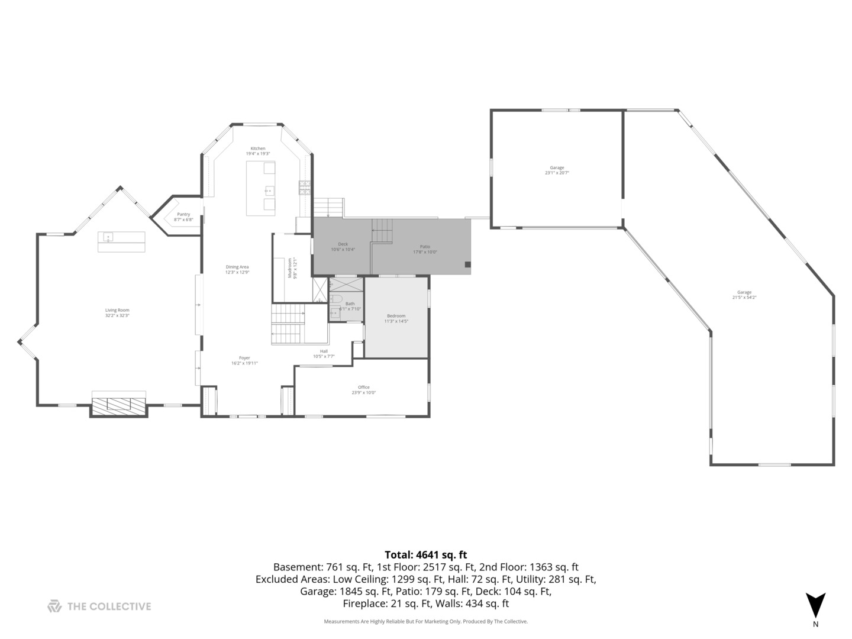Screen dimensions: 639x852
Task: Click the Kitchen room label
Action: click(x=258, y=151)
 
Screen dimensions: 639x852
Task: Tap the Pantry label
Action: click(x=183, y=217)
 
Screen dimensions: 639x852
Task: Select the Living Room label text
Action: click(x=117, y=312)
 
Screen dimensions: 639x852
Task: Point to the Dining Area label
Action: click(x=237, y=269)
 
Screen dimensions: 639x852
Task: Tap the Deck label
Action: click(x=343, y=246)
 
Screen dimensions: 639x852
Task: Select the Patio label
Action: click(x=425, y=249)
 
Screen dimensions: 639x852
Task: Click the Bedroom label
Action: click(x=396, y=318)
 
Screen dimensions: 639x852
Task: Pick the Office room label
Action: click(x=364, y=389)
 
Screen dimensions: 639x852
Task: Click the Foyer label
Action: click(x=244, y=360)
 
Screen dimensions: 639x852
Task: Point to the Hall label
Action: click(x=324, y=353)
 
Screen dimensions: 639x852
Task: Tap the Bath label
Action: click(x=350, y=306)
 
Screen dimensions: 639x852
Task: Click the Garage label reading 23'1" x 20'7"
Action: click(x=557, y=170)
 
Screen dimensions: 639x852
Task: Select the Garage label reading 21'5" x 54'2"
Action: click(x=744, y=294)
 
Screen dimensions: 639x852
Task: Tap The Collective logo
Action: click(x=99, y=606)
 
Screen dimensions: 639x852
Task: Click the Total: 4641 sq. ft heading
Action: click(x=425, y=554)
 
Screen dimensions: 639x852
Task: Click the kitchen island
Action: click(x=261, y=189)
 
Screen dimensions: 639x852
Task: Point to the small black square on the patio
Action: click(x=467, y=264)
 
